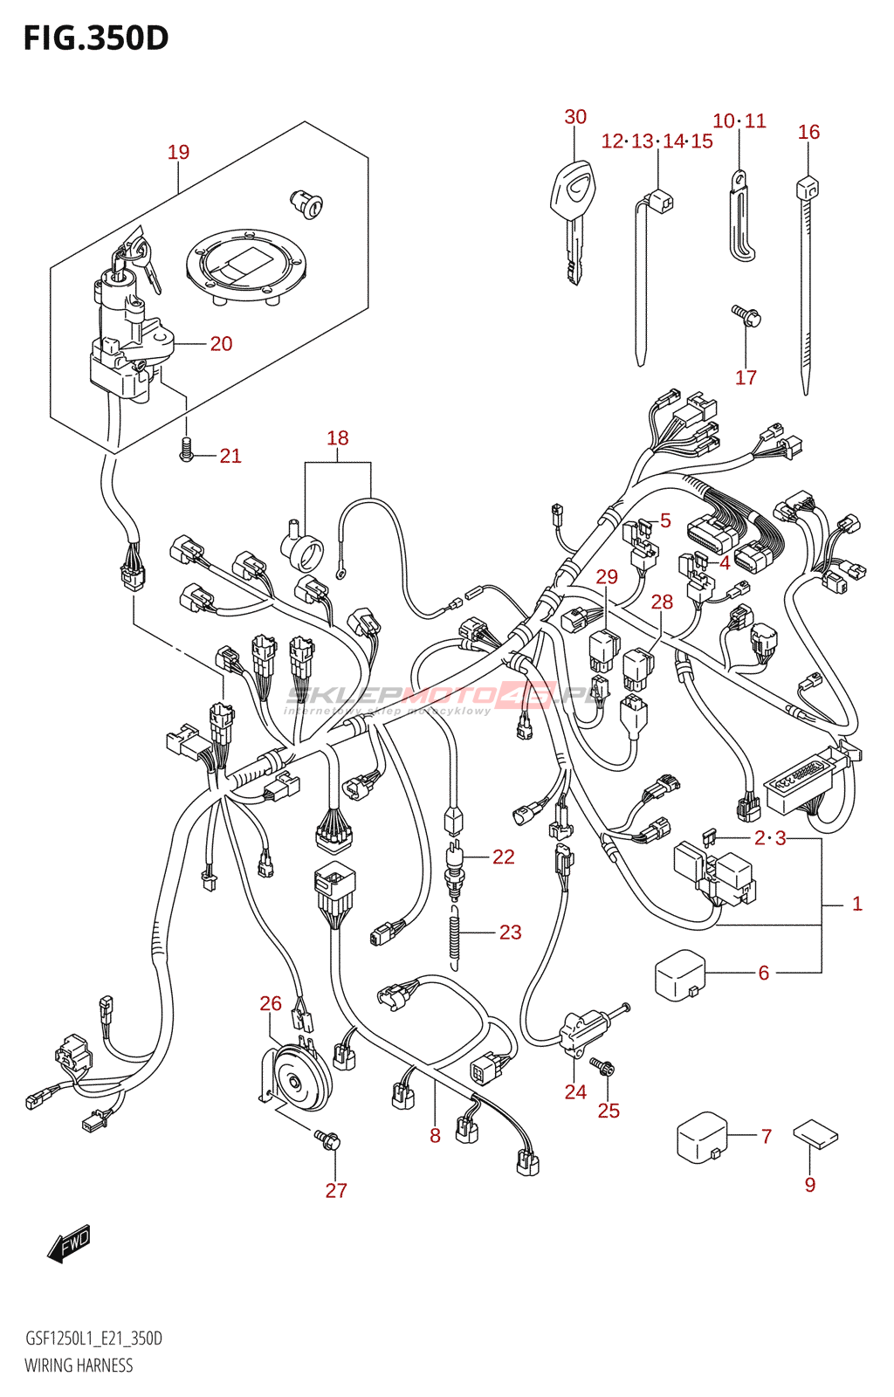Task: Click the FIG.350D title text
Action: [x=96, y=38]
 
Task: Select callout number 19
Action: [x=178, y=153]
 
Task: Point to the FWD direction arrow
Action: [x=69, y=1243]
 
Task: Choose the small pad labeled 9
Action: [x=815, y=1135]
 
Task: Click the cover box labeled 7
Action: [x=702, y=1136]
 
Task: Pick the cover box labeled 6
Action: [x=679, y=974]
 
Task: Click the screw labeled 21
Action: [x=186, y=451]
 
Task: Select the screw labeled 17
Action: [x=745, y=314]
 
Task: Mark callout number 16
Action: [x=808, y=132]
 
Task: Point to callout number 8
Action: [x=435, y=1135]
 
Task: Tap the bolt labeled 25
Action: [x=602, y=1067]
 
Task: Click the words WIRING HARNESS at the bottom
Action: [x=79, y=1366]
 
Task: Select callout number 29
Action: [x=607, y=577]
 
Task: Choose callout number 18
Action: [x=338, y=438]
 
